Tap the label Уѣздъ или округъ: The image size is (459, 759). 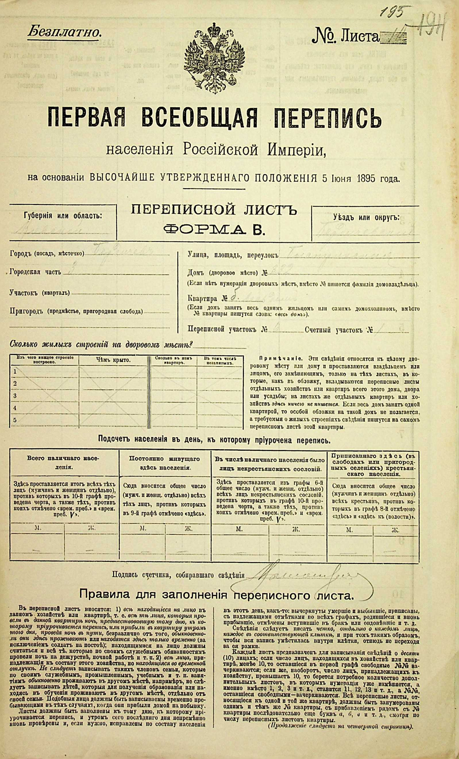click(x=366, y=218)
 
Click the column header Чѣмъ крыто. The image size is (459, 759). click(x=113, y=360)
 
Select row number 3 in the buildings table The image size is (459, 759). click(x=15, y=395)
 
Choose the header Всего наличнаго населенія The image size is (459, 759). click(x=64, y=463)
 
